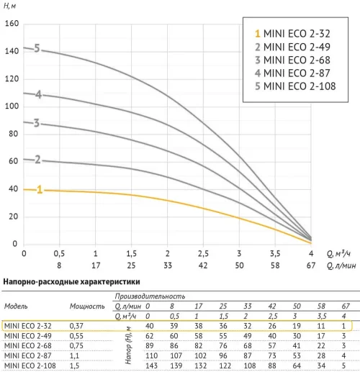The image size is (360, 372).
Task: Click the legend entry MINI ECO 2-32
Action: click(292, 34)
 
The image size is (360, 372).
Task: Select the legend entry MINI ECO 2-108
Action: click(295, 86)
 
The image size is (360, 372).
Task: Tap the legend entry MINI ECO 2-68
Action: click(292, 60)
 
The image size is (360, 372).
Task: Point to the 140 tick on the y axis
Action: click(12, 51)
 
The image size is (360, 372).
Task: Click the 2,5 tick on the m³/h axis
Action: click(203, 253)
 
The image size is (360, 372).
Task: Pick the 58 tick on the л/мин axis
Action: click(275, 266)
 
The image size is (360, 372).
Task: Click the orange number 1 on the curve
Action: click(40, 189)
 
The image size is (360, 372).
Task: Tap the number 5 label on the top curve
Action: click(37, 48)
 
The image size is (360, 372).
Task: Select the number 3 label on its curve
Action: click(37, 123)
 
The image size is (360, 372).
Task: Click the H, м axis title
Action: click(9, 6)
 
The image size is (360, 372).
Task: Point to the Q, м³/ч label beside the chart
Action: click(338, 253)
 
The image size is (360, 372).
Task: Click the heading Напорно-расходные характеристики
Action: click(71, 282)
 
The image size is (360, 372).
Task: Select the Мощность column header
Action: click(87, 307)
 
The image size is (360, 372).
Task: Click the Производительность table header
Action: click(150, 296)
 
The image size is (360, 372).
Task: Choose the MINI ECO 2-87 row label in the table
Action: click(28, 355)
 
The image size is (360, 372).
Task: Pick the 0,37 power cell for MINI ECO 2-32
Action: click(76, 326)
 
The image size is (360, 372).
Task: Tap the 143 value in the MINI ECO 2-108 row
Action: click(151, 366)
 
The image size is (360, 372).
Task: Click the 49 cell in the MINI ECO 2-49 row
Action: click(248, 336)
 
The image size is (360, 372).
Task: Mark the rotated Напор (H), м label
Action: click(129, 345)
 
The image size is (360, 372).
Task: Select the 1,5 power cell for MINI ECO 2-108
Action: click(74, 366)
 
